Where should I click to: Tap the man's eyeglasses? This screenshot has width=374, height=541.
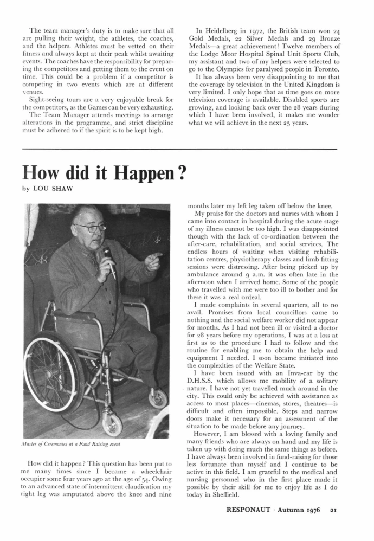coord(90,227)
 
